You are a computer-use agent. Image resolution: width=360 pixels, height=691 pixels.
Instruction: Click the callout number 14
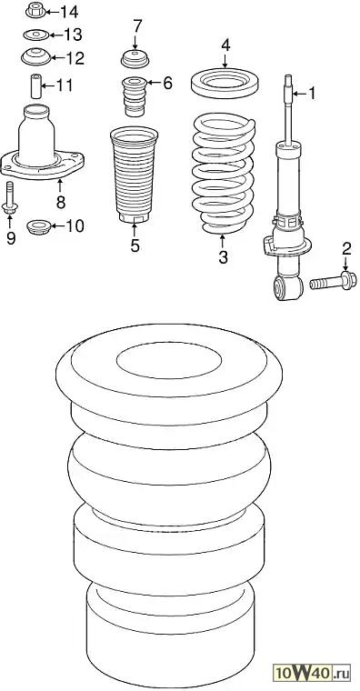click(x=69, y=12)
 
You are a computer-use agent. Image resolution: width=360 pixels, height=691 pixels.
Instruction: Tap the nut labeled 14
click(x=35, y=10)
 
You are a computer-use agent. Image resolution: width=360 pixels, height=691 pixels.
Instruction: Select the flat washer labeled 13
click(x=36, y=35)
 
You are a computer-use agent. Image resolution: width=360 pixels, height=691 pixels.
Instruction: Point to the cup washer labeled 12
click(x=36, y=56)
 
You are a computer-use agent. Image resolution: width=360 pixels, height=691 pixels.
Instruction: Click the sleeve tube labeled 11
click(x=36, y=86)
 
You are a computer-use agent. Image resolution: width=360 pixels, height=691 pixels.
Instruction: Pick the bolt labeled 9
click(x=10, y=198)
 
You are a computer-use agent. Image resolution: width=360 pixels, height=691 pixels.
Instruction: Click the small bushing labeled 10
click(x=39, y=227)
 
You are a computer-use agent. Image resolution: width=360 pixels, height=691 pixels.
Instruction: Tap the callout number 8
click(x=61, y=202)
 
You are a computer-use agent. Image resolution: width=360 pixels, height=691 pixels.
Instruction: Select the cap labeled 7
click(x=135, y=59)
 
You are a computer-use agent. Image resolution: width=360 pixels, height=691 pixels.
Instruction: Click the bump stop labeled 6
click(x=134, y=96)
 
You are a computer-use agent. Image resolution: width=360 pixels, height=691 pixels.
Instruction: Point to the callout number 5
click(x=135, y=245)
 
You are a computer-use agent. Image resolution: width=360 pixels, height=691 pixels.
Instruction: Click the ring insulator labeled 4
click(x=225, y=83)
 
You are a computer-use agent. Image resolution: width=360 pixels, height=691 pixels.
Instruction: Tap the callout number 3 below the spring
click(x=223, y=257)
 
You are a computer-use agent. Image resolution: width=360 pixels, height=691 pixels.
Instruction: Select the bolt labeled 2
click(x=333, y=281)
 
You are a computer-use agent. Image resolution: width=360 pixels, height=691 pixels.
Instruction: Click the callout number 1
click(x=312, y=93)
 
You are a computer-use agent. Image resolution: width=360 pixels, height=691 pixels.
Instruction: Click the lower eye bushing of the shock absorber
click(x=288, y=287)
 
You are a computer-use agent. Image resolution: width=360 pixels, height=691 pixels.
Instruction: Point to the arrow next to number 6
click(x=154, y=83)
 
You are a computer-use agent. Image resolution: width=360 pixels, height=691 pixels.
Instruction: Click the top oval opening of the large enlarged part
click(x=169, y=360)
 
